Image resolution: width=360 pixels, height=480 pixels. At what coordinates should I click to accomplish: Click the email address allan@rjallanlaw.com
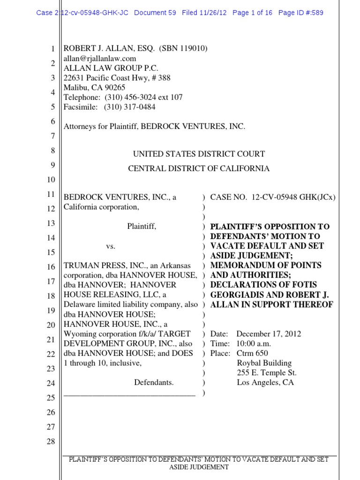[x=100, y=59]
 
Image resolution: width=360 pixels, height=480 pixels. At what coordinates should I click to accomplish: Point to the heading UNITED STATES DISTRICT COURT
[x=199, y=154]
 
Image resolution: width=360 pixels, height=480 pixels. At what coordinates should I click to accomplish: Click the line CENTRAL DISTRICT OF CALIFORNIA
[x=199, y=168]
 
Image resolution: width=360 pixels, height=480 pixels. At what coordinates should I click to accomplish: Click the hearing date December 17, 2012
[x=269, y=334]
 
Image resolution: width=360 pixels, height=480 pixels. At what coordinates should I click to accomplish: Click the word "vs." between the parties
[x=110, y=246]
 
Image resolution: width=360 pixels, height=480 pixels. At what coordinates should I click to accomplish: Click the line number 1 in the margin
[x=53, y=49]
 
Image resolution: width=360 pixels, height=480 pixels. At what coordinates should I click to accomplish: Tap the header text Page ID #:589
[x=300, y=13]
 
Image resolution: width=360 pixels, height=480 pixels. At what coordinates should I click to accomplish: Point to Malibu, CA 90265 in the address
[x=95, y=88]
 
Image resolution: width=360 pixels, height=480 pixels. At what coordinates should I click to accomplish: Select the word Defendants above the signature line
[x=154, y=382]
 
